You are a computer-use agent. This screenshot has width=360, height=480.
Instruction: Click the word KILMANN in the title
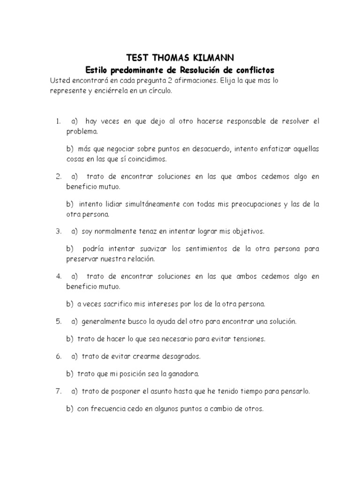pos(210,58)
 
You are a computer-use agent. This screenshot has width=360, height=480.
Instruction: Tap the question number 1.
pos(58,121)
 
